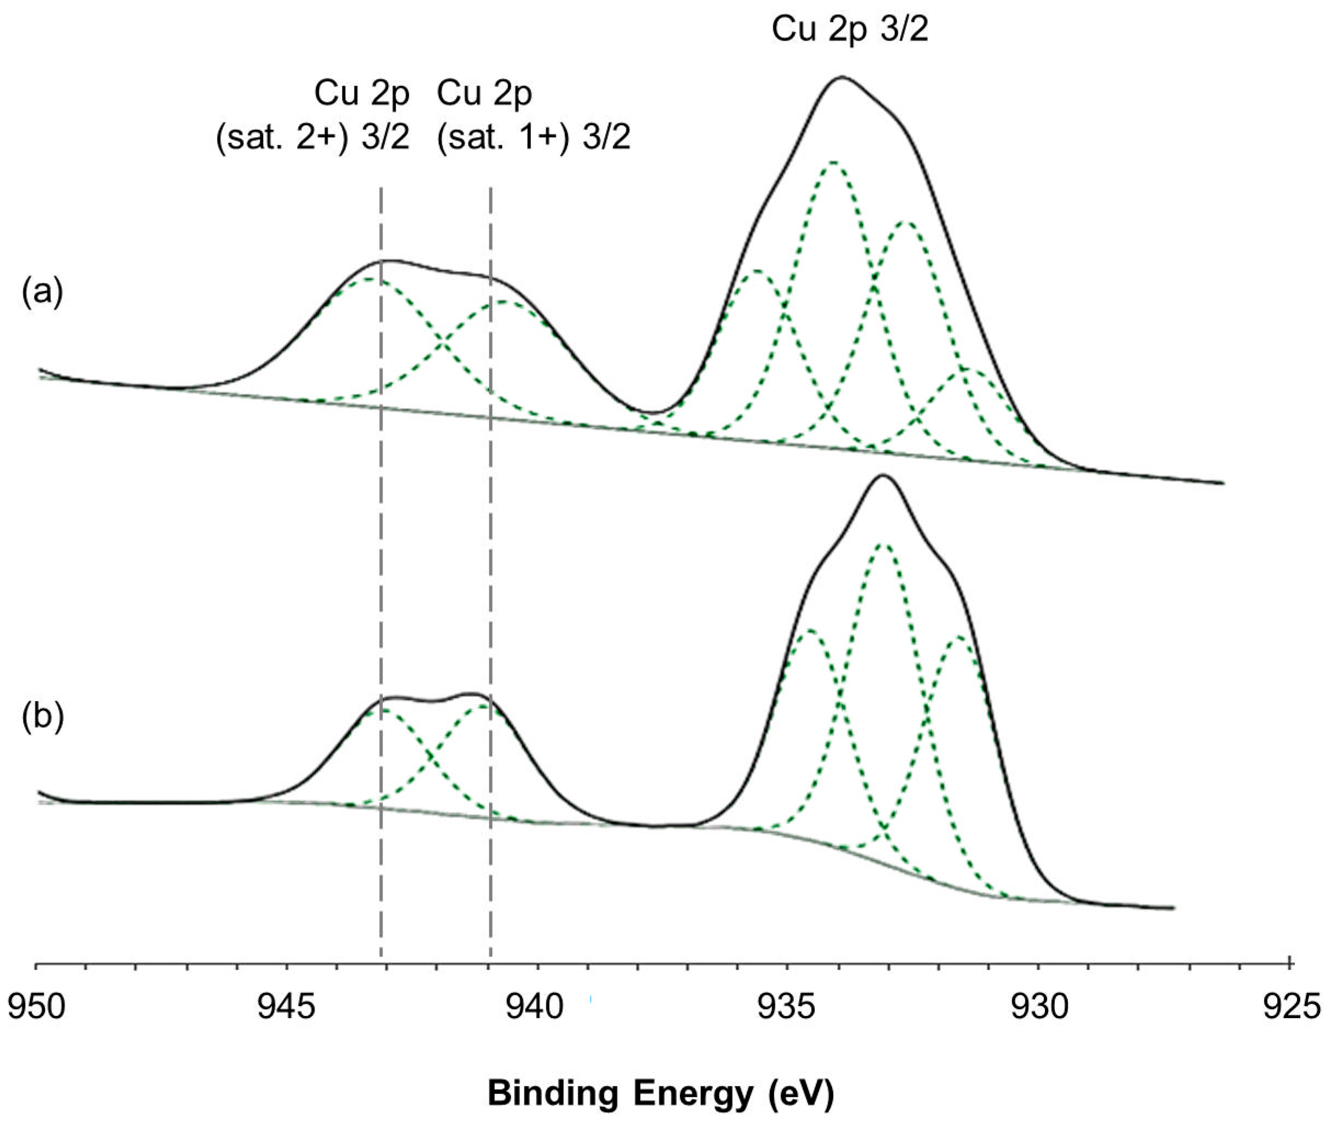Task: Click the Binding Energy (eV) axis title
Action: [x=661, y=1093]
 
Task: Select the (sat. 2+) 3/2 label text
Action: [x=313, y=137]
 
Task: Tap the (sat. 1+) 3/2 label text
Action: [x=533, y=137]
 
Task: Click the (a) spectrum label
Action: [x=42, y=292]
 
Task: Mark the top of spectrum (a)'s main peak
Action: [x=842, y=77]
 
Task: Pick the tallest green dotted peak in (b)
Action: [x=882, y=544]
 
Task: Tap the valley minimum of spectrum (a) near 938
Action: [x=651, y=412]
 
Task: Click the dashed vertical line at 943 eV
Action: [x=381, y=575]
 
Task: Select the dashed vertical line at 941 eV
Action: [x=490, y=575]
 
